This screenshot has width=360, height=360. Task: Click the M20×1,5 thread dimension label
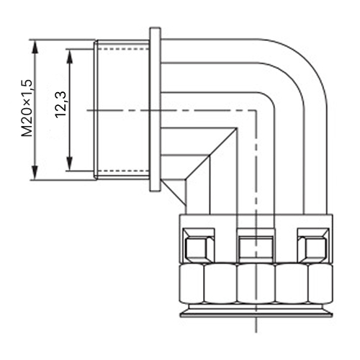[27, 108]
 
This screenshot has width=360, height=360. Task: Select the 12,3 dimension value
[60, 104]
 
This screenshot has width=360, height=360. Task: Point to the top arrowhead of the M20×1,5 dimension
[35, 47]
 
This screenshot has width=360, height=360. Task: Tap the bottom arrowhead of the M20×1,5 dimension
[35, 173]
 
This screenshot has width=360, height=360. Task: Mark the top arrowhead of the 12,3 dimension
[70, 56]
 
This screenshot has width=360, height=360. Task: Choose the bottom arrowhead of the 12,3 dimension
[70, 163]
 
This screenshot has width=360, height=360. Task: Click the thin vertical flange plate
[155, 109]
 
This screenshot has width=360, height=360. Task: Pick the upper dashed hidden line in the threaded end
[123, 49]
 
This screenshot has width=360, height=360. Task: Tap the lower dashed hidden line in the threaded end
[123, 171]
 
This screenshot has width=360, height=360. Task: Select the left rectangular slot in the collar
[199, 245]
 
